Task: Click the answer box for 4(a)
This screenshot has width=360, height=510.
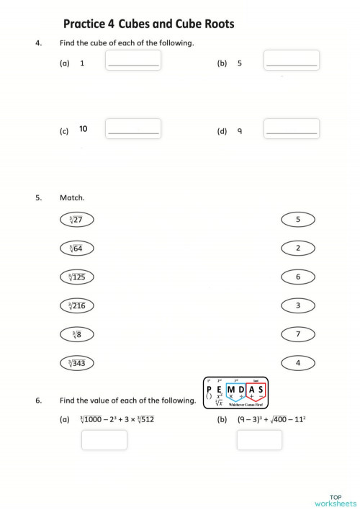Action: pos(133,61)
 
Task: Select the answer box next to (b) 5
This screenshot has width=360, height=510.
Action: pos(292,61)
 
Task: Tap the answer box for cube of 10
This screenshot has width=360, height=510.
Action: pos(133,129)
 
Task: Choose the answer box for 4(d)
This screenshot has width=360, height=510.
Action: pos(292,129)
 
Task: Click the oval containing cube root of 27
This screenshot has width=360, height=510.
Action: pos(76,220)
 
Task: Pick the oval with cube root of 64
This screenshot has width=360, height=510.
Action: pos(76,249)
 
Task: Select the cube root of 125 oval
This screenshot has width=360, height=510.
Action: pos(76,277)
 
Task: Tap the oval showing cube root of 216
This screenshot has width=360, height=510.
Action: pos(76,306)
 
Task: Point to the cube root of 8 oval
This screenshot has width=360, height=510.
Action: pos(76,335)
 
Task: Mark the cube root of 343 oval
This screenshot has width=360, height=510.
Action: pos(76,363)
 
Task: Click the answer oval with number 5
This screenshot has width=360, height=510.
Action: pos(297,220)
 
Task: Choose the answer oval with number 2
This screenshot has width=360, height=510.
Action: pos(297,249)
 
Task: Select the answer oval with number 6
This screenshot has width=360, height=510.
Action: pos(297,277)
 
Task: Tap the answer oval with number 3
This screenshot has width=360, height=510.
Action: pos(297,306)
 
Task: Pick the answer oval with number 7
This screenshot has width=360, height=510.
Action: pos(297,335)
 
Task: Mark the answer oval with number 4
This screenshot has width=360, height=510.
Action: pos(297,363)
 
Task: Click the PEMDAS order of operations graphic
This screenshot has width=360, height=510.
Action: pos(236,393)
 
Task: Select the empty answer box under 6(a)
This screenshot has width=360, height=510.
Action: pos(104,439)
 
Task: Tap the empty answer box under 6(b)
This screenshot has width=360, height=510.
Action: pos(259,439)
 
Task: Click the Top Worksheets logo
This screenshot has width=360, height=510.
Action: pos(335,500)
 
